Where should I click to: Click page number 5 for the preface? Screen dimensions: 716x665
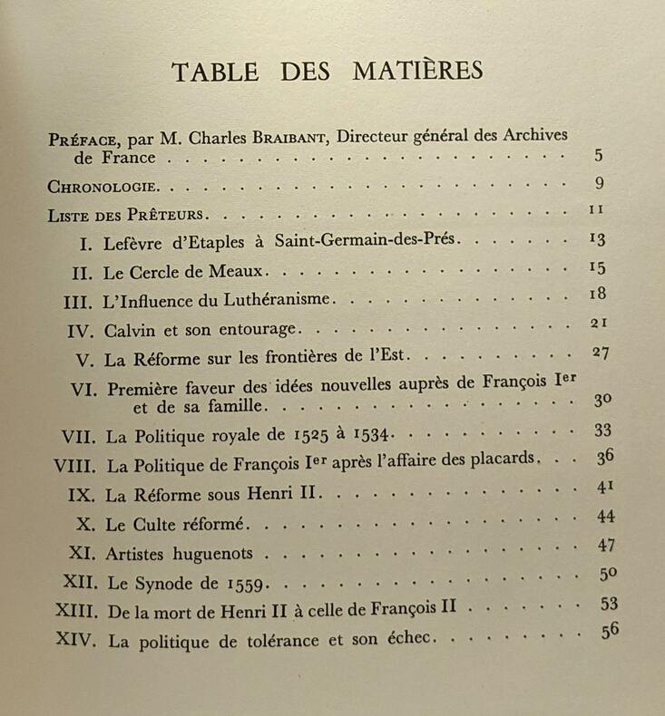click(x=599, y=155)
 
